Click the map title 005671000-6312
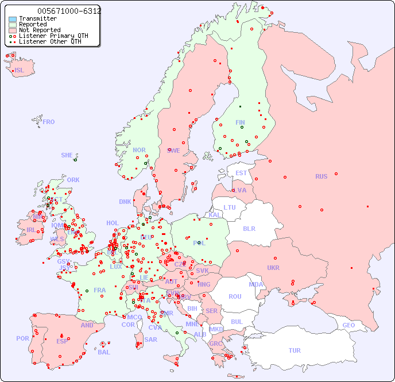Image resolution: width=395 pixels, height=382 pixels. pos(69,11)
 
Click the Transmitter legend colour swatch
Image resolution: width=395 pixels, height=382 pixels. pos(13,19)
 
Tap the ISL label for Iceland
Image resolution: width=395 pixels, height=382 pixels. pos(20,71)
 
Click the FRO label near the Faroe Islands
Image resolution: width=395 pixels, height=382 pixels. pos(49,122)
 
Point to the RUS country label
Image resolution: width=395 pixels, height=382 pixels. pos(321,176)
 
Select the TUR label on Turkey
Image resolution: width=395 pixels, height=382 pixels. pos(295,350)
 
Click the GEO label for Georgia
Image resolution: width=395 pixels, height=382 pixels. pos(348,325)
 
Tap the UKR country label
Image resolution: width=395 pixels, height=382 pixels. pos(273,268)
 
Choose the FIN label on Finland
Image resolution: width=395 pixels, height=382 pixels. pos(240,122)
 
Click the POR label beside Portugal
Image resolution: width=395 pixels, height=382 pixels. pos(22,338)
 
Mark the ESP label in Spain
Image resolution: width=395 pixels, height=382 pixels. pos(62,341)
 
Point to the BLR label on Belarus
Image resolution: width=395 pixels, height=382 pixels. pos(249,228)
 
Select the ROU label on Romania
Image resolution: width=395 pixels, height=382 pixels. pos(235,296)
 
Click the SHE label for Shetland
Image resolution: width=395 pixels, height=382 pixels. pos(67,155)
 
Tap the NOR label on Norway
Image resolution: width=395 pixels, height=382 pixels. pos(139,150)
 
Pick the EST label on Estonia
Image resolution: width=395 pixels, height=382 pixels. pos(241,173)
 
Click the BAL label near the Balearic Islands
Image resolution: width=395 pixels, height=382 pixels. pos(104,352)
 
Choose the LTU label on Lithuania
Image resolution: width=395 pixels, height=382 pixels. pos(230,207)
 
